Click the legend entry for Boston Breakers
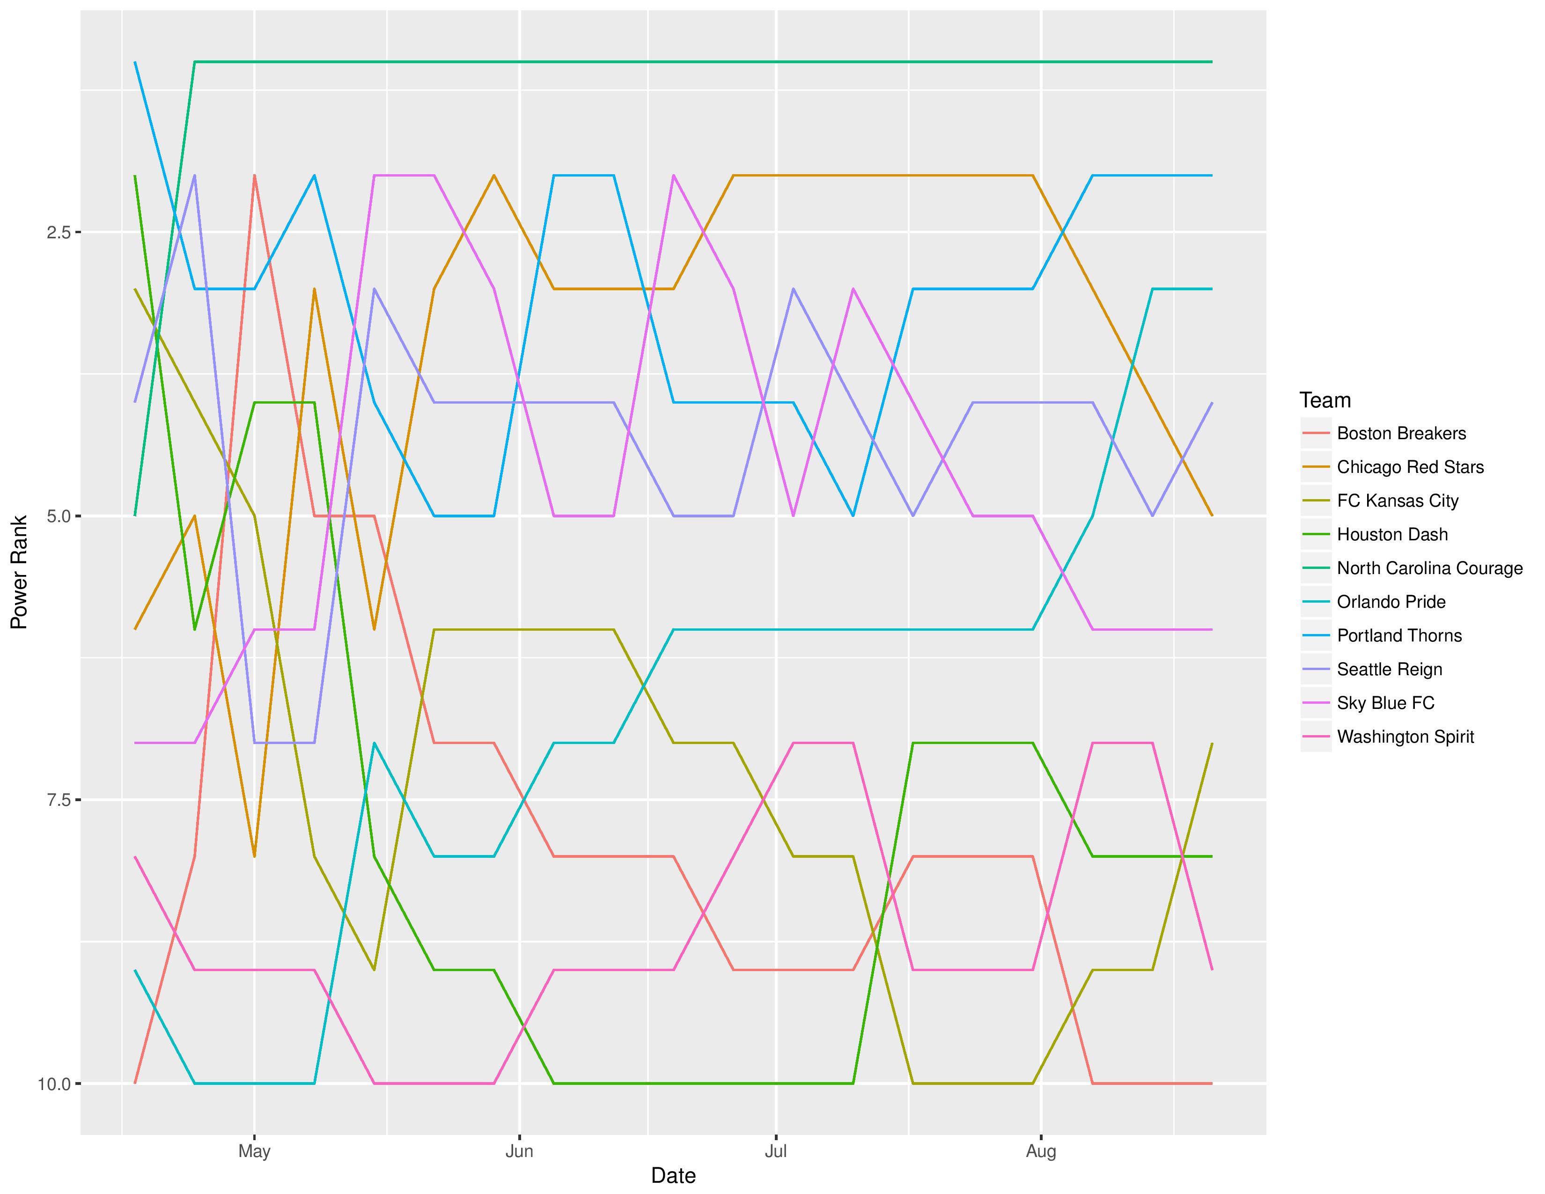1401,434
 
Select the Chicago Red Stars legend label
1410,467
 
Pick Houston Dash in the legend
1391,535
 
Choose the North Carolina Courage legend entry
1429,568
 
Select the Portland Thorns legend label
1398,635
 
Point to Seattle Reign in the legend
1389,669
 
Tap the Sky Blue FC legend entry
1385,703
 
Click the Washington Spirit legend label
1405,737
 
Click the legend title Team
1325,400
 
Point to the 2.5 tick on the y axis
58,232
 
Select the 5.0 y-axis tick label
58,516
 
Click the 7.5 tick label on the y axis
58,800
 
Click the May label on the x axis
254,1151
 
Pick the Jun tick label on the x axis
519,1151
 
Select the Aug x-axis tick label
1041,1151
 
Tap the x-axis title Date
673,1176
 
